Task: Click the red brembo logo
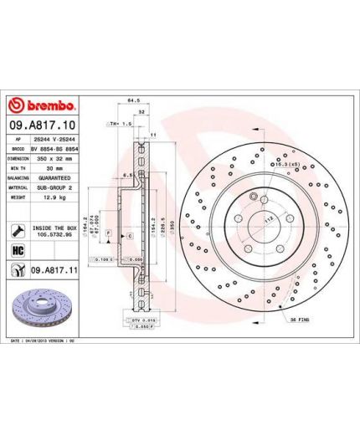click(42, 105)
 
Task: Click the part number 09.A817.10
click(41, 123)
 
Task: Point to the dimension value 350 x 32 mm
click(56, 156)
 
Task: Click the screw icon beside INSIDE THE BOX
click(18, 228)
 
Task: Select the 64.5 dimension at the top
click(131, 99)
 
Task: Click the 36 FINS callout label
click(301, 320)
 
